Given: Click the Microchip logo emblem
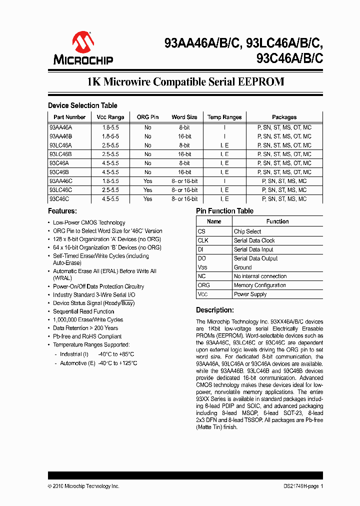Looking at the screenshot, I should coord(83,42).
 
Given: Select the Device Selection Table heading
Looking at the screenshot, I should coord(82,105).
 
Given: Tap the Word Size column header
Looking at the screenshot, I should coord(184,117).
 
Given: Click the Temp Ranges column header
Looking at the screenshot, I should coord(224,117).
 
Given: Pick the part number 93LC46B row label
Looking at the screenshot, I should coord(61,154).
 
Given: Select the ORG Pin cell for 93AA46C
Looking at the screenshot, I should coord(147,181).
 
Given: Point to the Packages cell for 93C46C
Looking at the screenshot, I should coord(284,199).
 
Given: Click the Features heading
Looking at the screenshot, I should coord(62,211).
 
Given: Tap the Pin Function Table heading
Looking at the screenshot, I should coord(224,211).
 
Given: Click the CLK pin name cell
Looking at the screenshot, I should coord(203,240).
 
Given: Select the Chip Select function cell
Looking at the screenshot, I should coord(247,231).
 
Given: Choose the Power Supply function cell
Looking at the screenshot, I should coord(250,294).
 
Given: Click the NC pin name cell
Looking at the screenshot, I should coord(201,276).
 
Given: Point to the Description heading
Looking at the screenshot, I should coord(215,310).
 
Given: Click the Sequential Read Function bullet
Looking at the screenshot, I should coord(83,311).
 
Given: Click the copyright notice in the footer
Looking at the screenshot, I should coord(83,486).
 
